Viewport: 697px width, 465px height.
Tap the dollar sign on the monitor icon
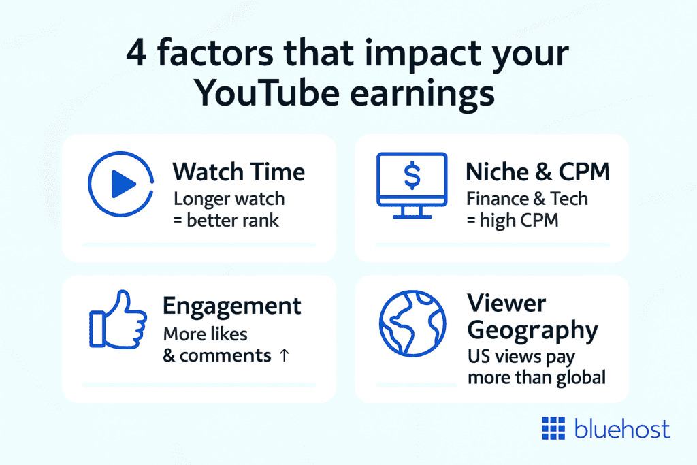pos(412,176)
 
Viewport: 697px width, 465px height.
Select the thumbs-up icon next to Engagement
pos(118,321)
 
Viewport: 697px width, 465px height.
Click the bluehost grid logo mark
pos(553,429)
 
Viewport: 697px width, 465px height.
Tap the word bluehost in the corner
pos(621,429)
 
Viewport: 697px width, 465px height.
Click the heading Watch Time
pos(238,172)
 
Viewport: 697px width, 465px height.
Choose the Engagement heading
pos(231,306)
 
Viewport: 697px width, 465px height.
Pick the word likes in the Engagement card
pos(228,334)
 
